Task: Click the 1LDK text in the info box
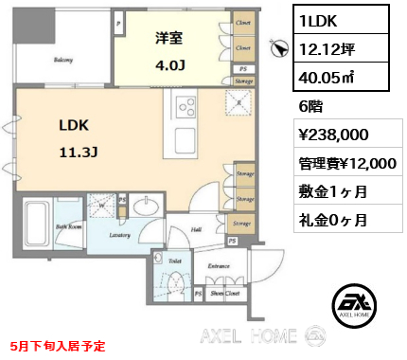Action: pos(317,19)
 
